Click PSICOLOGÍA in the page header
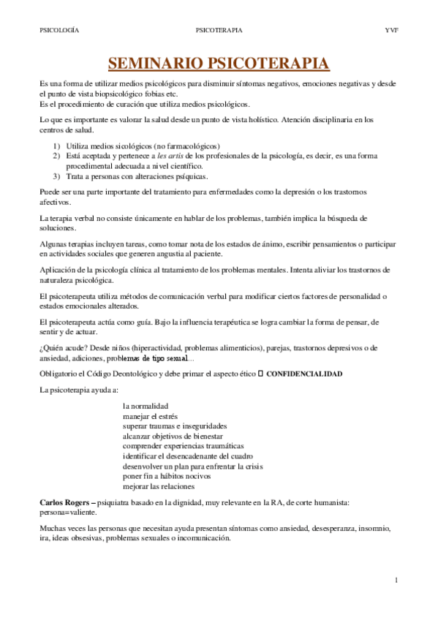tap(59, 31)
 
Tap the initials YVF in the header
tap(391, 31)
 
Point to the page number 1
tap(396, 581)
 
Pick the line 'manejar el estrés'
tap(151, 416)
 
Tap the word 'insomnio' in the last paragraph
tap(377, 529)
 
